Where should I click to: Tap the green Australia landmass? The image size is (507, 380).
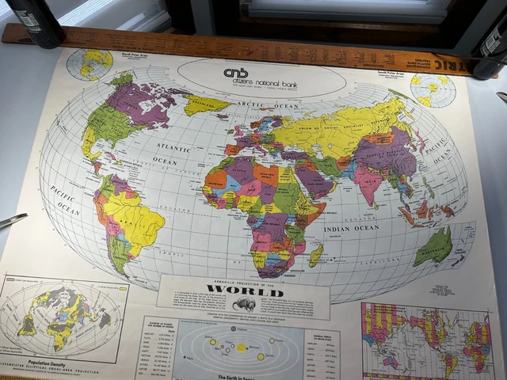(433, 246)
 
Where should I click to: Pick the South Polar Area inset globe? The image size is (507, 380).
(433, 89)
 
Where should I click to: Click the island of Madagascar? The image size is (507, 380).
(316, 255)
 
